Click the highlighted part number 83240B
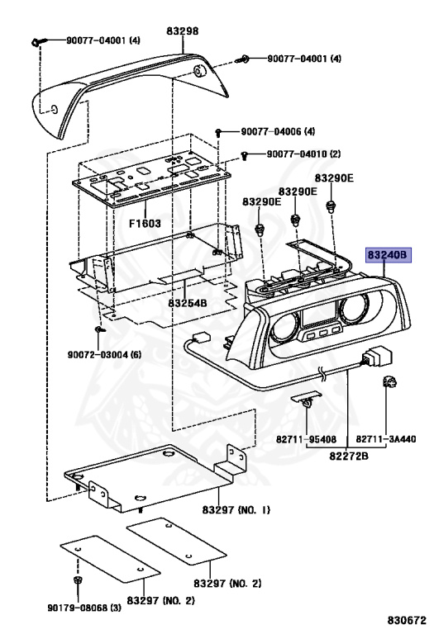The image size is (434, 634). point(389,255)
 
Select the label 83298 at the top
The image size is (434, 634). point(183,31)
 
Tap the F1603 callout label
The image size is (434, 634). point(145,223)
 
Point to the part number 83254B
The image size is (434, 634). point(188,302)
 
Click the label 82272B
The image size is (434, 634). point(349,456)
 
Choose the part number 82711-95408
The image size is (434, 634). point(307,438)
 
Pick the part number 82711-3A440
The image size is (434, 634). point(386,438)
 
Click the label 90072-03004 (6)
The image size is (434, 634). point(104,355)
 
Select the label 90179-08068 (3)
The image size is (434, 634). point(84,608)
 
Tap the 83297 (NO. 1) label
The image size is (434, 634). point(236,509)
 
